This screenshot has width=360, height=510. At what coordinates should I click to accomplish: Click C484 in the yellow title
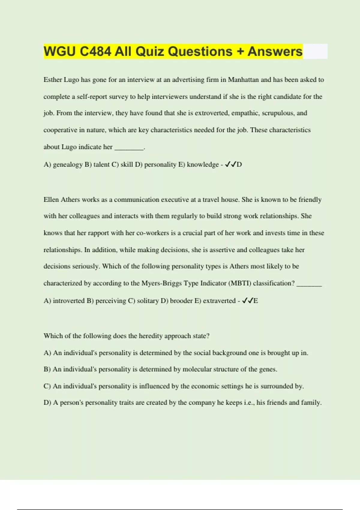click(x=95, y=51)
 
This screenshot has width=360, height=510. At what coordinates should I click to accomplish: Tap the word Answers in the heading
click(x=275, y=51)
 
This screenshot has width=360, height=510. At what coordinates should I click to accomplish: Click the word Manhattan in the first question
click(x=243, y=80)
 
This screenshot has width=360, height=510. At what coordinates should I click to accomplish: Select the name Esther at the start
click(x=52, y=80)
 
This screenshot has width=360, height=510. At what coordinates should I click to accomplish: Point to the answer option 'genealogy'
click(x=67, y=165)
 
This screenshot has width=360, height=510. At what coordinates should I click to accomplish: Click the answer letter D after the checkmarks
click(x=239, y=165)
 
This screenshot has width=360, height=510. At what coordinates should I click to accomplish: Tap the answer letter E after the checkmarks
click(x=256, y=301)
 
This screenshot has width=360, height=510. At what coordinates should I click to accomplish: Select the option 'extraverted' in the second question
click(x=219, y=301)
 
